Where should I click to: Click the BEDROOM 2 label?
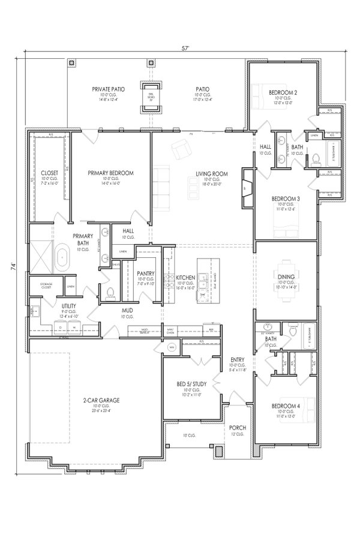click(283, 92)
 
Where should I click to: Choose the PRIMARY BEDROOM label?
click(110, 173)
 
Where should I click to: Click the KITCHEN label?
click(185, 277)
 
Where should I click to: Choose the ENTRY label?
click(238, 360)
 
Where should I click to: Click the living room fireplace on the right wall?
click(245, 188)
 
